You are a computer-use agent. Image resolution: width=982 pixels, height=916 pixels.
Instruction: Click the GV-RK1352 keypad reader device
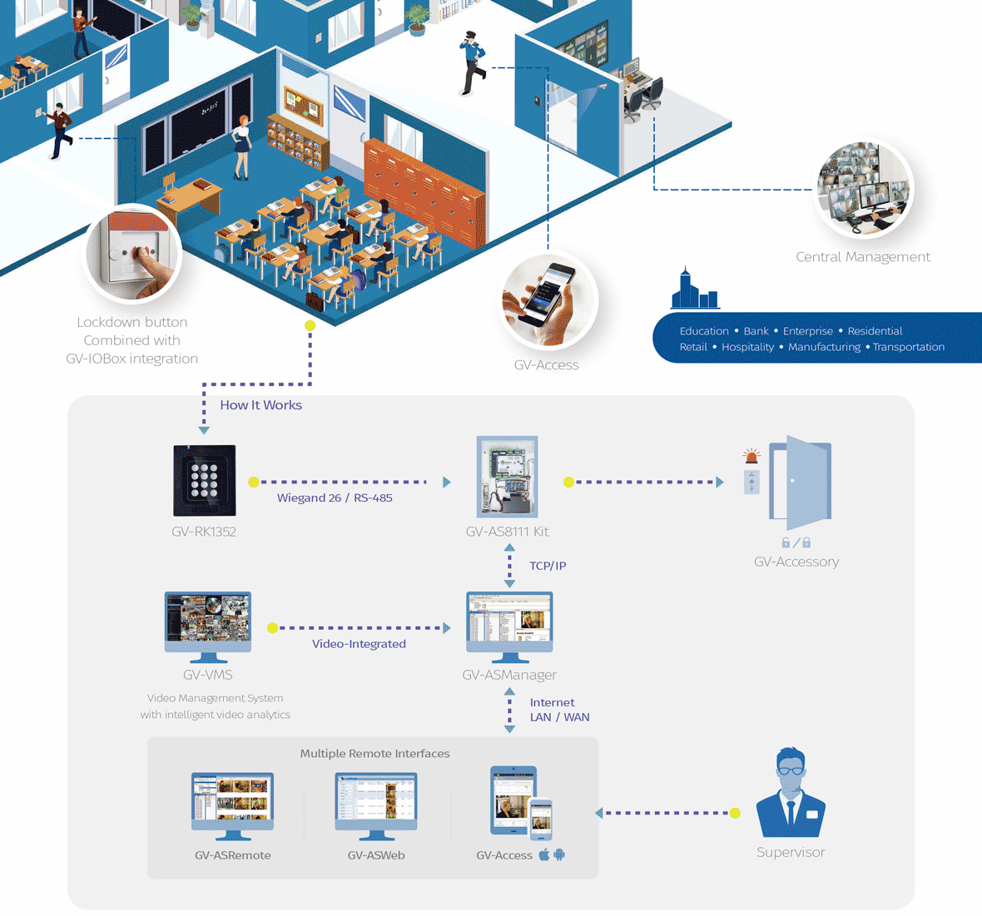pyautogui.click(x=204, y=480)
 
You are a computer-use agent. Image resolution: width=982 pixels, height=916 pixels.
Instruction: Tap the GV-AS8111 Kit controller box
pyautogui.click(x=508, y=477)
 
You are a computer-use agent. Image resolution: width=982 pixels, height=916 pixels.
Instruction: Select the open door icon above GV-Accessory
pyautogui.click(x=801, y=482)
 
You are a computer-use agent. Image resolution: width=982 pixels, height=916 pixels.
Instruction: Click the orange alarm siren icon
pyautogui.click(x=751, y=456)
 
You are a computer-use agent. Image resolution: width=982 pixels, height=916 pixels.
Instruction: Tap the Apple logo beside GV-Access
pyautogui.click(x=543, y=854)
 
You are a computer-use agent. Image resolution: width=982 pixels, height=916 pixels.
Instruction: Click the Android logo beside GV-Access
pyautogui.click(x=559, y=854)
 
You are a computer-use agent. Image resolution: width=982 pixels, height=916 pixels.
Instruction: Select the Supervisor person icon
pyautogui.click(x=791, y=792)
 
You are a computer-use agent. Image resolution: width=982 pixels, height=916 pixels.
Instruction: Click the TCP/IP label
pyautogui.click(x=548, y=566)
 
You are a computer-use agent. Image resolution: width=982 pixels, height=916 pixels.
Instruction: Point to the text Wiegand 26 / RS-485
pyautogui.click(x=335, y=498)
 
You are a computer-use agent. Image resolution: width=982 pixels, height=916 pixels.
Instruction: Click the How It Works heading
pyautogui.click(x=260, y=405)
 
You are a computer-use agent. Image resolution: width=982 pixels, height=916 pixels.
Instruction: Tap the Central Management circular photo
pyautogui.click(x=865, y=189)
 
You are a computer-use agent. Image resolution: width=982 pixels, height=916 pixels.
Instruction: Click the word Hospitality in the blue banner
pyautogui.click(x=748, y=347)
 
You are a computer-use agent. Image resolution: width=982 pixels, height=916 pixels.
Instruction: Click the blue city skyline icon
pyautogui.click(x=695, y=289)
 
